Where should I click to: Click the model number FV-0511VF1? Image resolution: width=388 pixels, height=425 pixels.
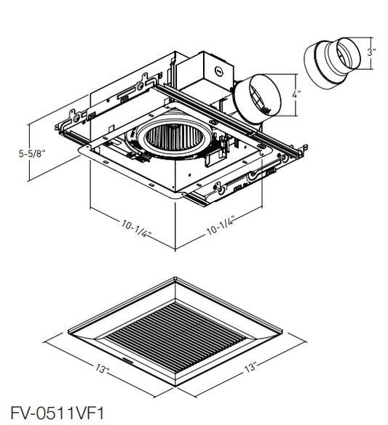57,413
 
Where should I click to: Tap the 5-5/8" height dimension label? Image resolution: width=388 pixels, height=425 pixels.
32,154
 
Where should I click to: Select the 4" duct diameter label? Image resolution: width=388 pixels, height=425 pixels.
296,94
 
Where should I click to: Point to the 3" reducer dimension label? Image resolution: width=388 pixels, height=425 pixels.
371,52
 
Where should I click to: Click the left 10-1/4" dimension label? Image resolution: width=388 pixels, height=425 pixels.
135,229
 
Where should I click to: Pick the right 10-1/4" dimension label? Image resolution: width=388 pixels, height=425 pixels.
220,226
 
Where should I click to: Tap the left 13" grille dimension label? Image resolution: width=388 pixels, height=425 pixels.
101,369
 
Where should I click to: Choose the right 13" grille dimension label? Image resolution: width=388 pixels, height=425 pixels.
250,367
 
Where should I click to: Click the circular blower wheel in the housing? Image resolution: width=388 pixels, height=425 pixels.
175,137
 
